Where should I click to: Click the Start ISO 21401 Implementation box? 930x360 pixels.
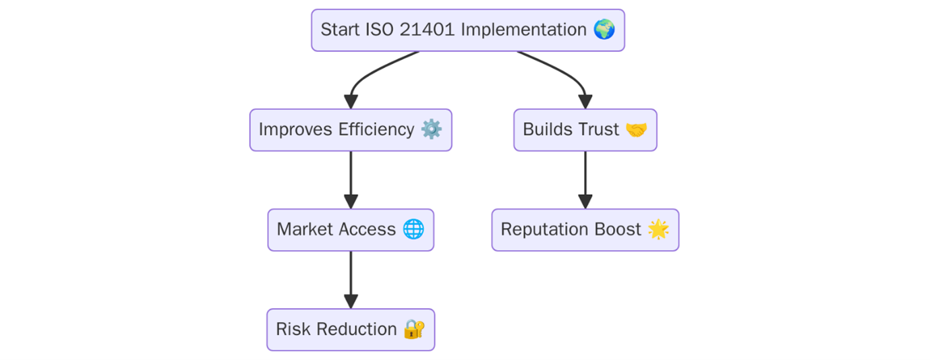tap(467, 30)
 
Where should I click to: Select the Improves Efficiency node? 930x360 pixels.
tap(350, 130)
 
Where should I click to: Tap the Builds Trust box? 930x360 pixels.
tap(585, 130)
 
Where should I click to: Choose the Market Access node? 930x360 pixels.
tap(350, 230)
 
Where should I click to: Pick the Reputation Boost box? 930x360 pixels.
tap(585, 230)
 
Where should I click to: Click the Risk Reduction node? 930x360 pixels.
tap(350, 330)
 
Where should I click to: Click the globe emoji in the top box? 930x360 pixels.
tap(604, 30)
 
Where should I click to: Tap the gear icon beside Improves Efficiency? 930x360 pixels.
tap(431, 129)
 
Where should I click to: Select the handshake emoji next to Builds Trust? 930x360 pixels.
tap(636, 129)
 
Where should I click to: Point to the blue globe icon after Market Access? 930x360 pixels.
tap(413, 229)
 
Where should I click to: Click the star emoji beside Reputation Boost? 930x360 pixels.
tap(658, 229)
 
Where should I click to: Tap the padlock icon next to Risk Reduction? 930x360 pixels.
tap(413, 329)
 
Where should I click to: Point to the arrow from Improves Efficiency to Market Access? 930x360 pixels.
tap(350, 179)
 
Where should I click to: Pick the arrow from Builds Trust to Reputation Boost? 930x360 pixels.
tap(585, 179)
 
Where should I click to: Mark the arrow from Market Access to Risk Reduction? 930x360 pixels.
tap(350, 279)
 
